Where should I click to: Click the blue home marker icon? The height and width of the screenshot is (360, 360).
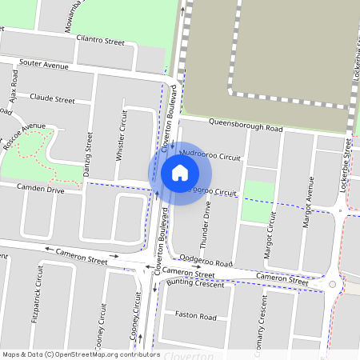[x=180, y=172]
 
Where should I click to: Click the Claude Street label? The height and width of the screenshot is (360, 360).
[x=52, y=100]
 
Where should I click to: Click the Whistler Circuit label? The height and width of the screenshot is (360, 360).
[x=122, y=134]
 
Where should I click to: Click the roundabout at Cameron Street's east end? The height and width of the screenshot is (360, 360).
[x=333, y=283]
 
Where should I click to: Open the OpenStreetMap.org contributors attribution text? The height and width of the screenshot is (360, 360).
[x=108, y=354]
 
